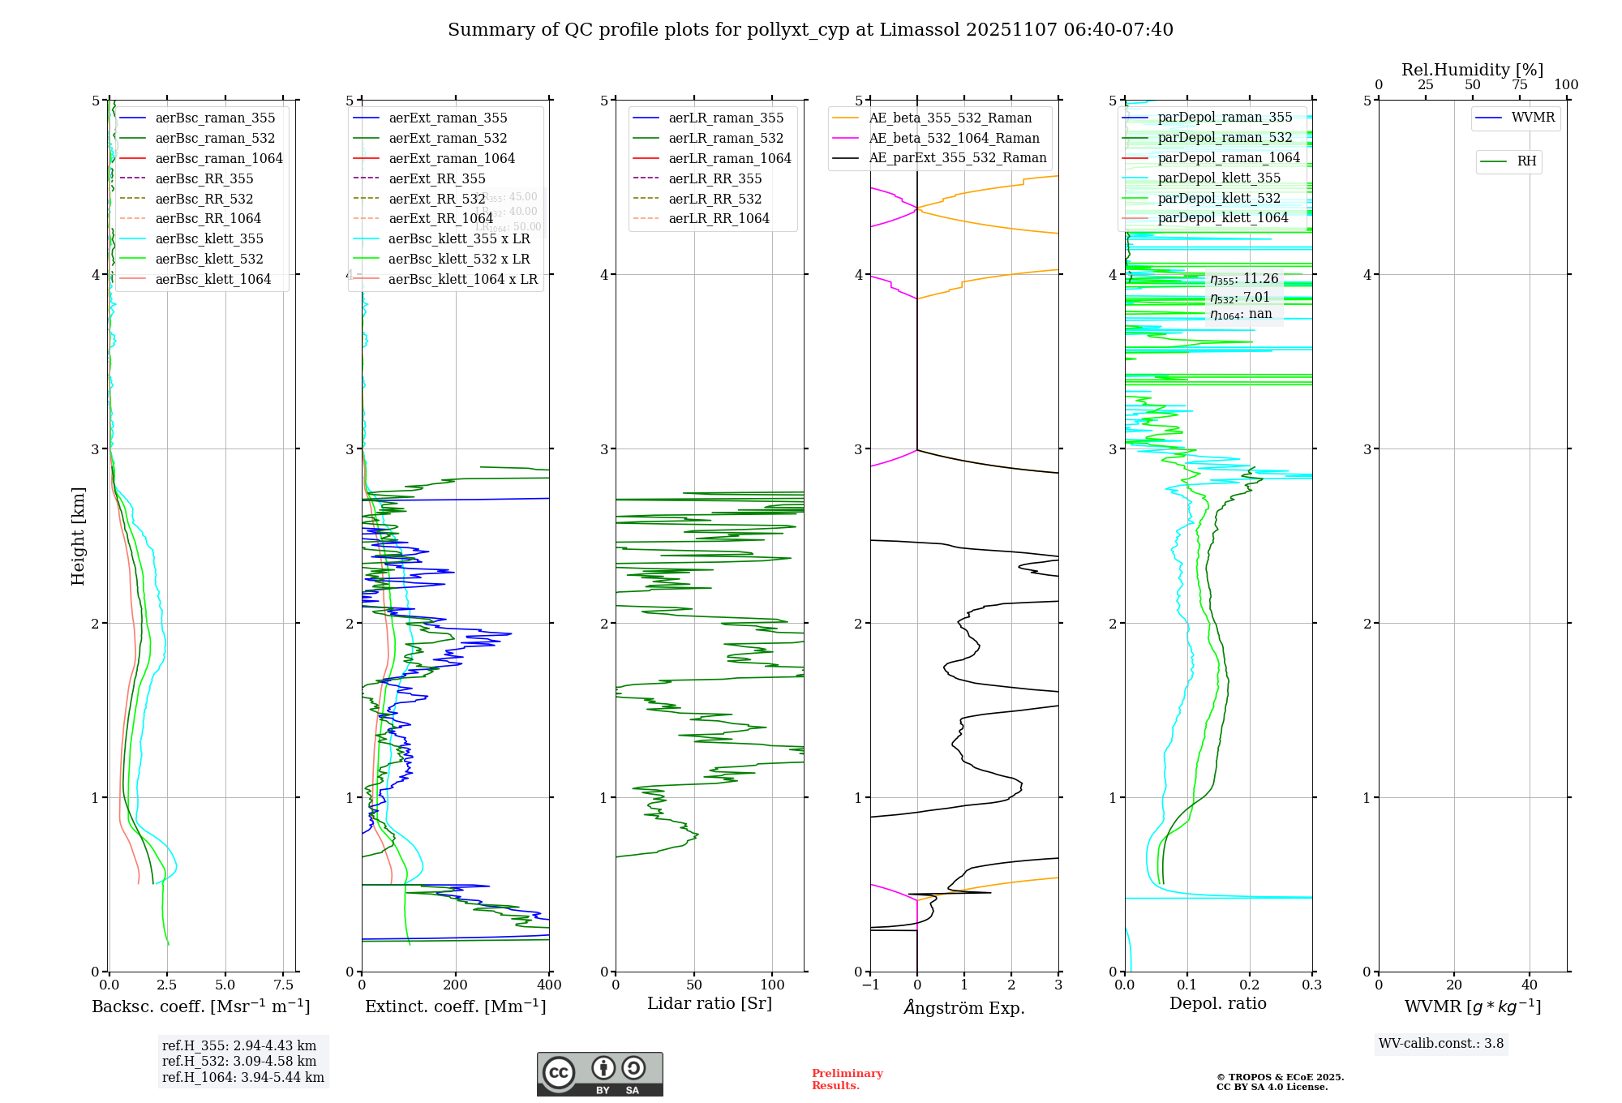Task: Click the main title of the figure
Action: click(x=810, y=30)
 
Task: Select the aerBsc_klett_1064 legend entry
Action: click(x=212, y=279)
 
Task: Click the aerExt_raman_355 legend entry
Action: click(x=448, y=118)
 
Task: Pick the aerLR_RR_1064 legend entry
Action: click(x=719, y=218)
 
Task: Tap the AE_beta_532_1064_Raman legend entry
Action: click(x=954, y=139)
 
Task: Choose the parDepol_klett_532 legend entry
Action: click(x=1219, y=198)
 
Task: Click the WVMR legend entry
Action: click(x=1533, y=118)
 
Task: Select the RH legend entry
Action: click(x=1526, y=161)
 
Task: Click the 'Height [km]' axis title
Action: click(x=78, y=536)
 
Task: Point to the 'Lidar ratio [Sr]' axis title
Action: click(x=710, y=1003)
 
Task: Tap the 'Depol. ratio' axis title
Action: click(x=1217, y=1003)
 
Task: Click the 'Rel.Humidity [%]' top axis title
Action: click(x=1472, y=70)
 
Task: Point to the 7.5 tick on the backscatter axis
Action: click(x=283, y=985)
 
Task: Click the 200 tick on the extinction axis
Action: click(x=455, y=985)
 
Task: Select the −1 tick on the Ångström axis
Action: click(x=870, y=985)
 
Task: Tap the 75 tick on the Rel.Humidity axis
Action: click(x=1519, y=85)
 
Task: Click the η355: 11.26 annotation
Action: click(x=1243, y=279)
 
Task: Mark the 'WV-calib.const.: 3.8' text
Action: click(x=1441, y=1044)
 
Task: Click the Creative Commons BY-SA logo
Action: click(x=599, y=1074)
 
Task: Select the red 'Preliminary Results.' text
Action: click(x=847, y=1079)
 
